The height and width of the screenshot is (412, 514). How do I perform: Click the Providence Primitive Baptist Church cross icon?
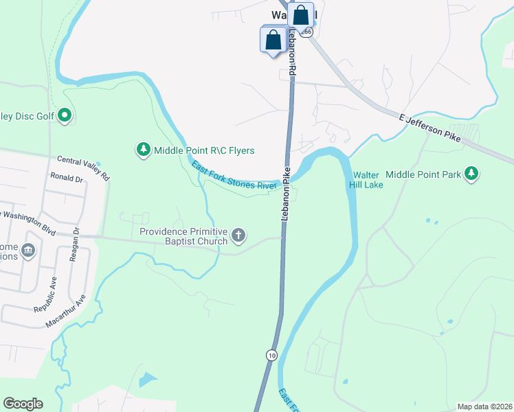(x=238, y=236)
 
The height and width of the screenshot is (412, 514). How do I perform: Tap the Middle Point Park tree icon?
(x=471, y=174)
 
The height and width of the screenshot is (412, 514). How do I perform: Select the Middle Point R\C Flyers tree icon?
(x=143, y=150)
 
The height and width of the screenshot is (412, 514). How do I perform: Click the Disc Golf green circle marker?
(x=65, y=115)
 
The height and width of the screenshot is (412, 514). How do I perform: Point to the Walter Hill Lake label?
(x=364, y=179)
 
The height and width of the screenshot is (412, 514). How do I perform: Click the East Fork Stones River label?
(x=234, y=176)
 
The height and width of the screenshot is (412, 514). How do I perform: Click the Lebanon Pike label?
(x=284, y=193)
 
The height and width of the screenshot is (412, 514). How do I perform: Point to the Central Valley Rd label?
(x=82, y=168)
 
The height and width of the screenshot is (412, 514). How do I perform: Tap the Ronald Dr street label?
(x=66, y=178)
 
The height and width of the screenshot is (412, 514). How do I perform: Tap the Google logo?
(x=23, y=403)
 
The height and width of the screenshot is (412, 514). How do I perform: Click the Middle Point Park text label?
(x=423, y=174)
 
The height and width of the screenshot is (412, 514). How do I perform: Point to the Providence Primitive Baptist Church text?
(x=183, y=236)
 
